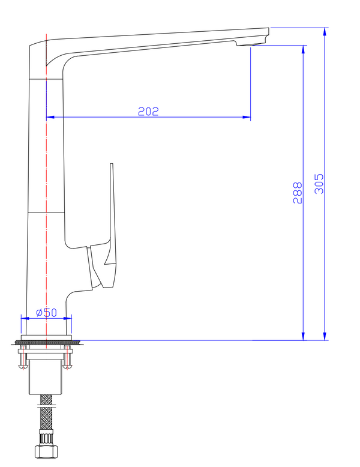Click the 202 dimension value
[148, 111]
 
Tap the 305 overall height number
[319, 184]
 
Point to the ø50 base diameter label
[46, 312]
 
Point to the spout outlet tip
[252, 44]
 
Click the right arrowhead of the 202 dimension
[247, 117]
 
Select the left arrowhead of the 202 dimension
[50, 117]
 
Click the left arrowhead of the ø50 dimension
[24, 319]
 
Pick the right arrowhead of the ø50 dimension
[68, 319]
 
